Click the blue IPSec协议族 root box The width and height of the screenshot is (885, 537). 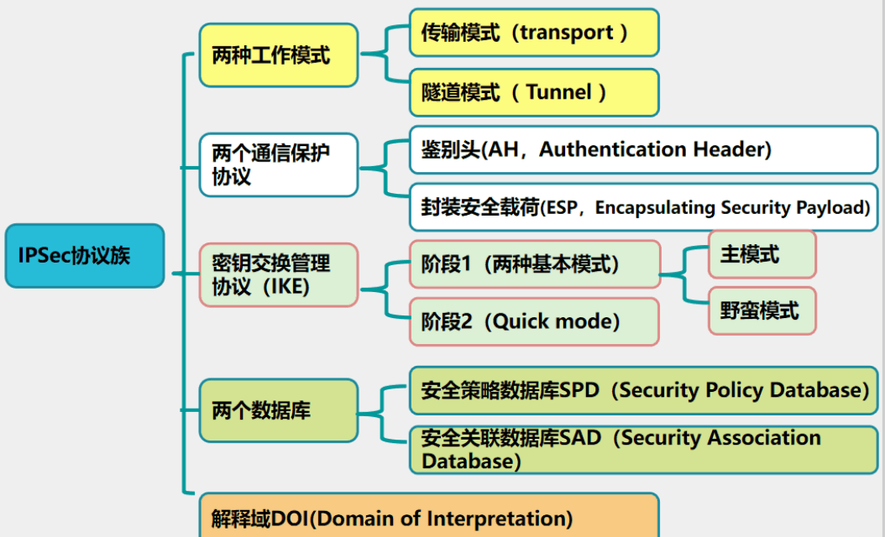85,256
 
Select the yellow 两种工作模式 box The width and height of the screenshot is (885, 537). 279,55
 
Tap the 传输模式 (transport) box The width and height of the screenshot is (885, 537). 534,33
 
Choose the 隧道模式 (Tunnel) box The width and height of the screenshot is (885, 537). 534,92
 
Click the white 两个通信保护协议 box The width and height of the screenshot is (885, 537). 279,164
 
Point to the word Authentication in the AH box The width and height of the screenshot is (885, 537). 612,149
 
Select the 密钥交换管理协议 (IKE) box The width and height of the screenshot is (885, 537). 279,274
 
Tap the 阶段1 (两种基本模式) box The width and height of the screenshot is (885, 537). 535,264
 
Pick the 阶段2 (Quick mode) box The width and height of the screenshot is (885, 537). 534,321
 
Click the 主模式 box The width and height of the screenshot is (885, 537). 762,254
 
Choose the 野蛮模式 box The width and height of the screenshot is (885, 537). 762,310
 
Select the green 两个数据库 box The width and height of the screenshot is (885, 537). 279,410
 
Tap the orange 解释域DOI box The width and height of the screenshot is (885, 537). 429,515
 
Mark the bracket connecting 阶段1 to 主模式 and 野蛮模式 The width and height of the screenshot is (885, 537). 684,275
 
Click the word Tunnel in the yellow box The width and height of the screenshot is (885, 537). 558,92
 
